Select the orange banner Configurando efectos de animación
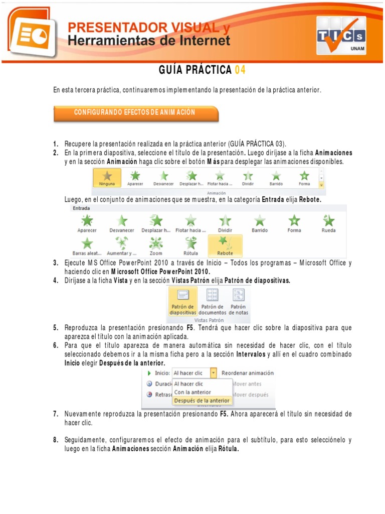pyautogui.click(x=135, y=113)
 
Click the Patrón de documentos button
pyautogui.click(x=213, y=301)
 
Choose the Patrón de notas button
pyautogui.click(x=238, y=301)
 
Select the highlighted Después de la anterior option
pyautogui.click(x=202, y=401)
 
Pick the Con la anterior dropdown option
pyautogui.click(x=192, y=392)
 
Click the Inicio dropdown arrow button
pyautogui.click(x=214, y=373)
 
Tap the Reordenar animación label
pyautogui.click(x=248, y=373)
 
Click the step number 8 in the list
pyautogui.click(x=56, y=440)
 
